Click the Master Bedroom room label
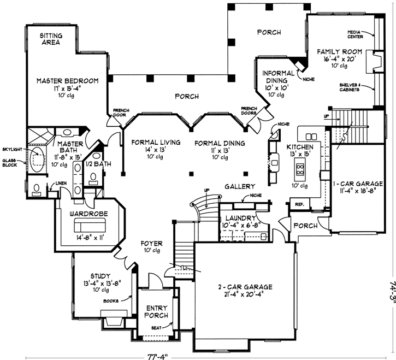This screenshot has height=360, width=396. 67,81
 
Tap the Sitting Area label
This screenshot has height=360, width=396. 50,39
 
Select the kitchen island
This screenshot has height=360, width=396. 300,172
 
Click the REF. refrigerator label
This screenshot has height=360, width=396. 299,204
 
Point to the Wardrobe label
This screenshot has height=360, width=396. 87,214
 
